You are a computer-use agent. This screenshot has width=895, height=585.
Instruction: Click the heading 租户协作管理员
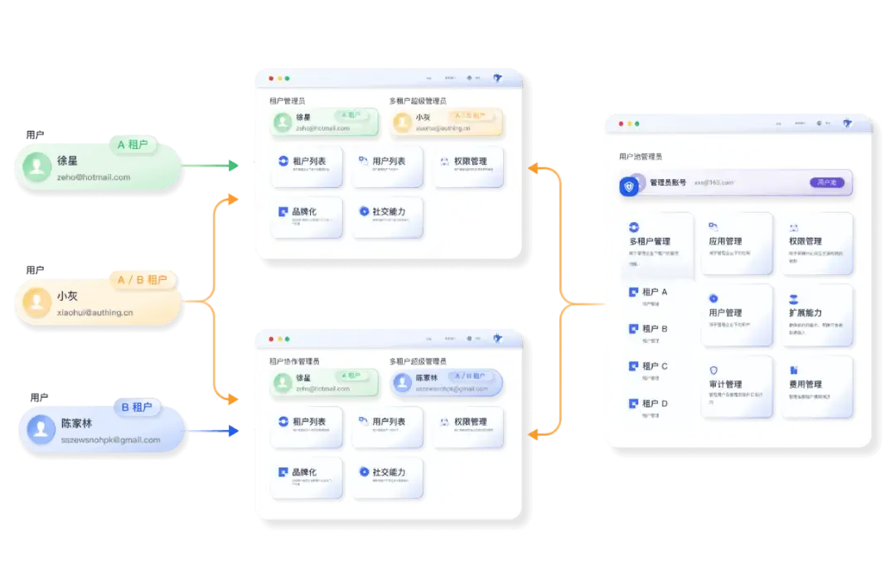294,361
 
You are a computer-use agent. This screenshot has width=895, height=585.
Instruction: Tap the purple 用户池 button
826,182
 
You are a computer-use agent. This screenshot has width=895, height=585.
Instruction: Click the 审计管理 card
736,388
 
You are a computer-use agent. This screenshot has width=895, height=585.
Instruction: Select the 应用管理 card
736,244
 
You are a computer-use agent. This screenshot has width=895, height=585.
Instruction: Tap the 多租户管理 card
658,244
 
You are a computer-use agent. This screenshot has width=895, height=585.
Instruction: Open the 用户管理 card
736,316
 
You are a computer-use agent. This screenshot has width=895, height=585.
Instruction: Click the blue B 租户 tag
137,407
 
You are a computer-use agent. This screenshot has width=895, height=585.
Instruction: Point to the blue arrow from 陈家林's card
212,431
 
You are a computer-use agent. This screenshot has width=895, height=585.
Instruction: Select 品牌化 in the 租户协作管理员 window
306,476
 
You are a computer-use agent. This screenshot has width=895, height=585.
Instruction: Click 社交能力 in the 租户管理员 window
388,216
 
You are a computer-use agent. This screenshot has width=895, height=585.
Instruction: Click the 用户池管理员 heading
641,156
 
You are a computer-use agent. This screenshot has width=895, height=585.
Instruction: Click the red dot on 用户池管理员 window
620,123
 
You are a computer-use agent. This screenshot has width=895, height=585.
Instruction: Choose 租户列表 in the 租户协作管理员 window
306,426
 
